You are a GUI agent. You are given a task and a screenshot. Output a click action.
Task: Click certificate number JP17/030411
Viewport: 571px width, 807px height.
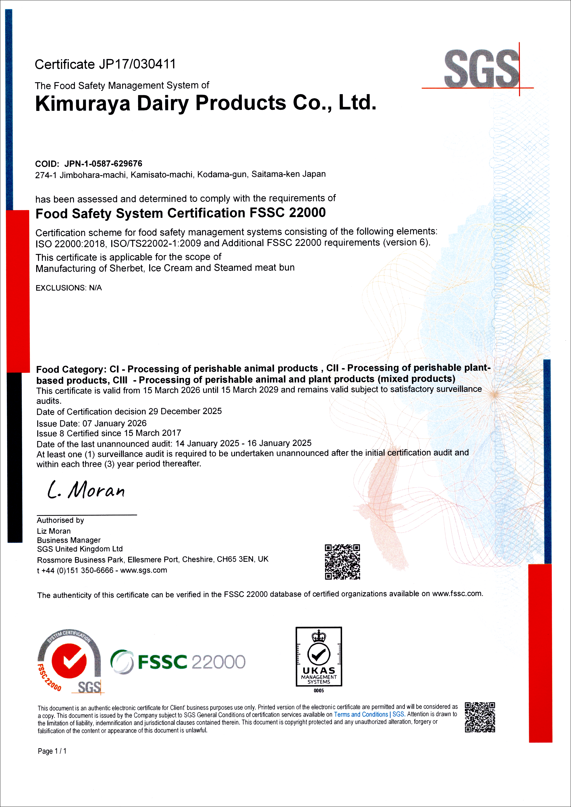point(137,64)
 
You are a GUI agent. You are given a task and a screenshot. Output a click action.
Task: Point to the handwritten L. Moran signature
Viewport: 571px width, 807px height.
point(86,490)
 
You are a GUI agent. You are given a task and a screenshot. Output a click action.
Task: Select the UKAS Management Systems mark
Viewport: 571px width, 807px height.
point(319,656)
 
